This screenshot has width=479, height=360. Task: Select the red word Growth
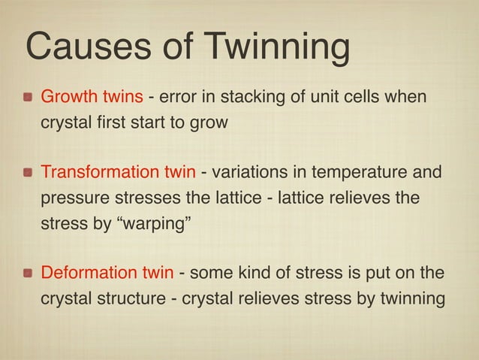click(65, 98)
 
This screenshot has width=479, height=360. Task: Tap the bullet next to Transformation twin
click(28, 174)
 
